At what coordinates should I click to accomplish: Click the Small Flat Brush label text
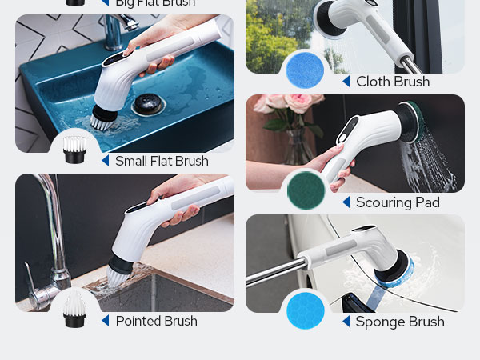click(162, 161)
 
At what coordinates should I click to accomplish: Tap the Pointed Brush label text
click(156, 321)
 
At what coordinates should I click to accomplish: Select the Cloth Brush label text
click(393, 82)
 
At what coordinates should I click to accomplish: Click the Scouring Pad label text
click(398, 202)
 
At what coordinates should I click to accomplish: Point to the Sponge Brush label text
click(400, 322)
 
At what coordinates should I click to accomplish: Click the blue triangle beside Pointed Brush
click(105, 321)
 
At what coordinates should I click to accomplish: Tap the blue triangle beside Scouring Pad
click(346, 202)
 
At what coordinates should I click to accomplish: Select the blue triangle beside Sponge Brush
click(346, 322)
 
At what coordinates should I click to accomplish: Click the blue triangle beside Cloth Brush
click(346, 82)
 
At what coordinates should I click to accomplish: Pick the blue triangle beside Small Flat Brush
click(105, 161)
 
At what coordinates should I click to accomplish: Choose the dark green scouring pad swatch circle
click(306, 190)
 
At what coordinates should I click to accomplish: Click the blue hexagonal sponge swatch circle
click(306, 310)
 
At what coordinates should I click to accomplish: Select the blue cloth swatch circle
click(306, 70)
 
